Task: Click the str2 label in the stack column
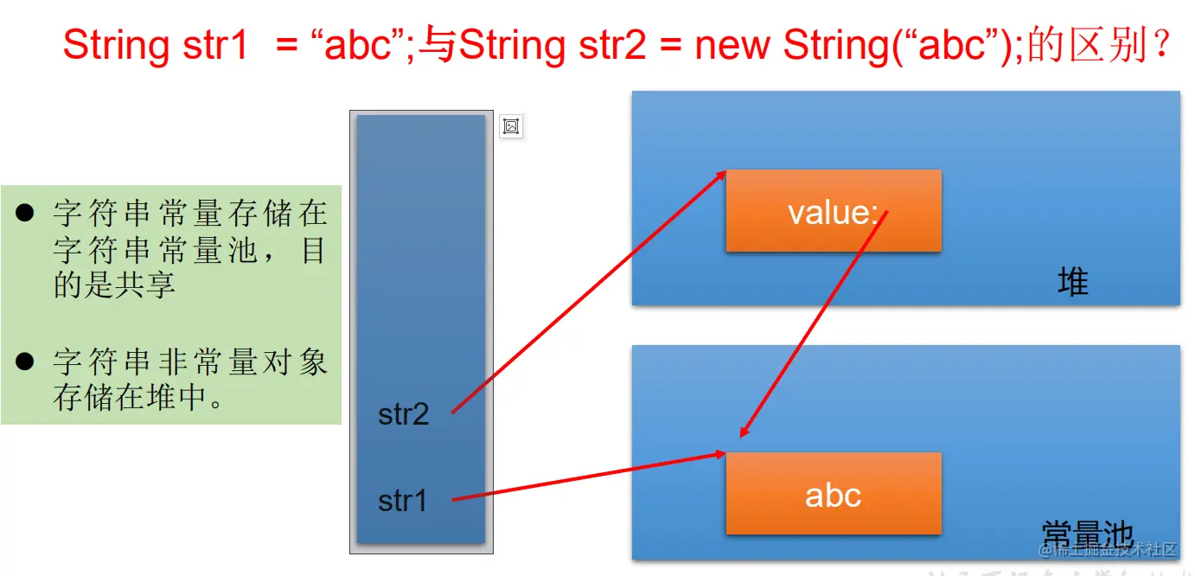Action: [403, 414]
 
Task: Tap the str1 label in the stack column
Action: [403, 500]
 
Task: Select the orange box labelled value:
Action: [833, 211]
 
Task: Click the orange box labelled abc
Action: [833, 495]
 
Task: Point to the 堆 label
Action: [1072, 283]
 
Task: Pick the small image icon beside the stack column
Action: [511, 127]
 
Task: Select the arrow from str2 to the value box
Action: [588, 291]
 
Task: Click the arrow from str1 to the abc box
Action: [588, 476]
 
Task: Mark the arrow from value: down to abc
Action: [813, 324]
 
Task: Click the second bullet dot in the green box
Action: [24, 362]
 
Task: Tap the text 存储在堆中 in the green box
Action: [130, 398]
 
